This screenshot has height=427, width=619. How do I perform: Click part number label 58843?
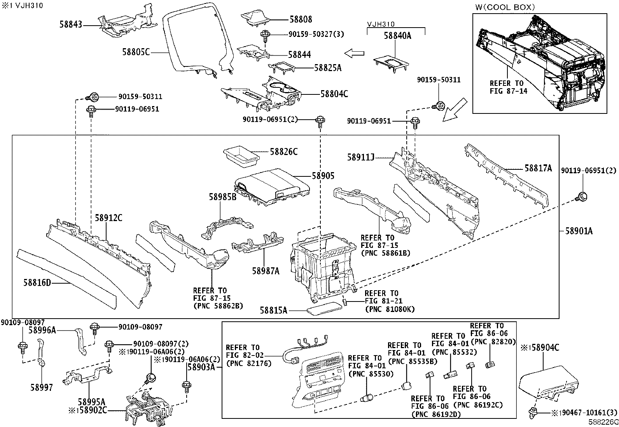[x=71, y=24]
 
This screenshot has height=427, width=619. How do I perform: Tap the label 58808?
[x=301, y=19]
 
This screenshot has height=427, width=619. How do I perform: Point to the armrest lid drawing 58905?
[x=272, y=185]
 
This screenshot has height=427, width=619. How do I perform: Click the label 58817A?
[x=538, y=168]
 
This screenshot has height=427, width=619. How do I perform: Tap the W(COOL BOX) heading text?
[x=505, y=7]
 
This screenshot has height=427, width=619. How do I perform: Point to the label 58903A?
[x=201, y=366]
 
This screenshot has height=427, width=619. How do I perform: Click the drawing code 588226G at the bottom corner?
[x=603, y=422]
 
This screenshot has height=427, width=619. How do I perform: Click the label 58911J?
[x=361, y=157]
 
